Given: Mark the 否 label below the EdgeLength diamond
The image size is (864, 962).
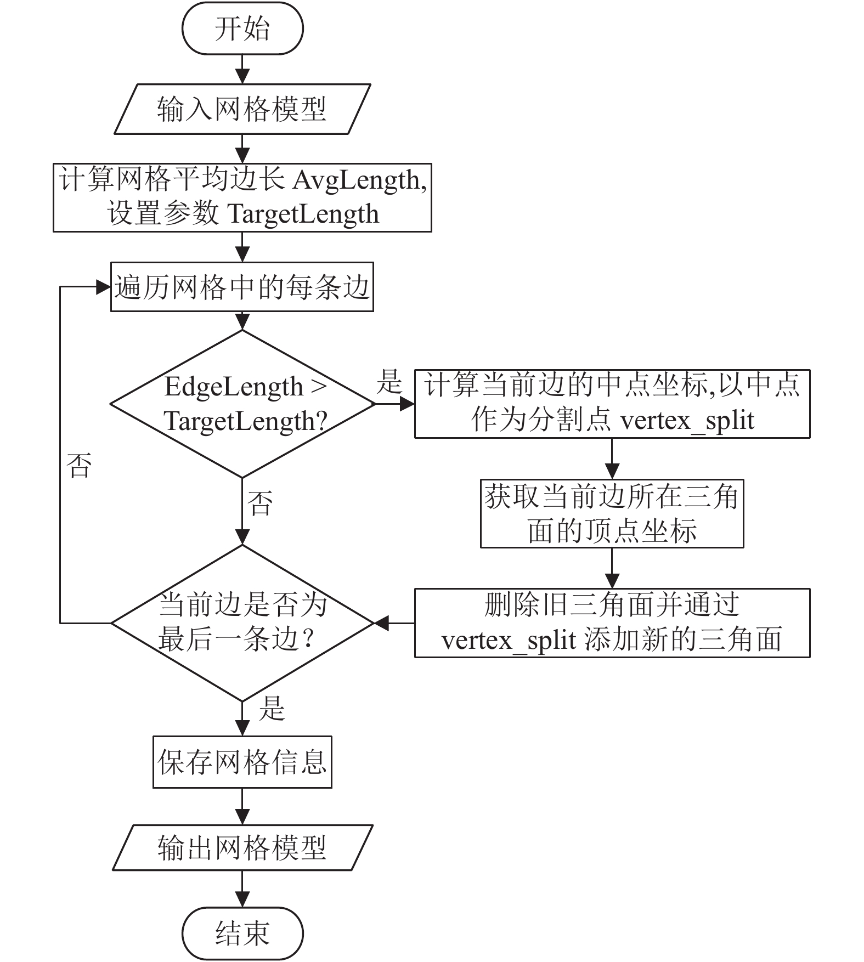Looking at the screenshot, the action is [x=260, y=503].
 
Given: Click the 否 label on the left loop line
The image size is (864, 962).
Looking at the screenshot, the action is [x=79, y=466].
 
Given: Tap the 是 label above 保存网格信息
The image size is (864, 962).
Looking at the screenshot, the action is [x=272, y=708].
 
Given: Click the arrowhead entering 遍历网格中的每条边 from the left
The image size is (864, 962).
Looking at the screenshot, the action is [x=103, y=287].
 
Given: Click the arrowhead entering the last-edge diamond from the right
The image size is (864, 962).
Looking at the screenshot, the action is [x=382, y=623].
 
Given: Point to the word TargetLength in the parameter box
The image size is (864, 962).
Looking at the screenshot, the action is [x=303, y=214].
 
